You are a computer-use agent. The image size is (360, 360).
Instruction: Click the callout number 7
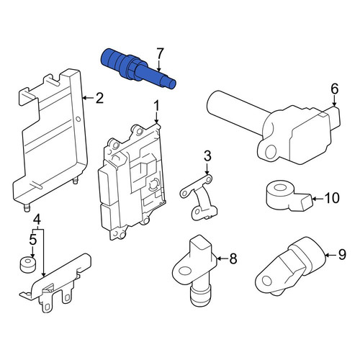tap(160, 54)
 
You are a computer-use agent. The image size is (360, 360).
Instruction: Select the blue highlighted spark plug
tap(138, 68)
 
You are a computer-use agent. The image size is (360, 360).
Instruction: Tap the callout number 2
tap(99, 98)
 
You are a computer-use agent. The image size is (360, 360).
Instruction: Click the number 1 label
tap(156, 107)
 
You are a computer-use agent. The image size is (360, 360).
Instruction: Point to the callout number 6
tap(335, 89)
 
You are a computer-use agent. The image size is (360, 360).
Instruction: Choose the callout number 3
tap(207, 156)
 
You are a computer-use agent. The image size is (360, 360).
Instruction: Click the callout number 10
tap(332, 198)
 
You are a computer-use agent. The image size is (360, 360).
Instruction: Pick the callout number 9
tap(342, 254)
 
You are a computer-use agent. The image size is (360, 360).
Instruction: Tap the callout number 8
tap(233, 258)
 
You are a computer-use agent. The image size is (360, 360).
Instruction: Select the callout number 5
tap(33, 239)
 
